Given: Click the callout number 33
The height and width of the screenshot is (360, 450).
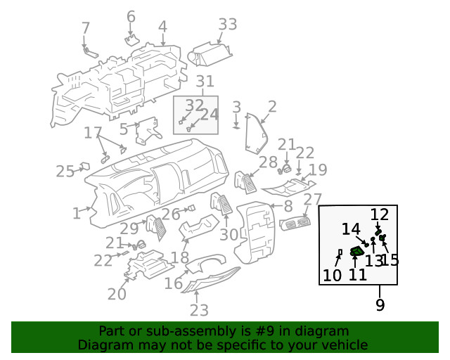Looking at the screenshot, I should [x=227, y=25].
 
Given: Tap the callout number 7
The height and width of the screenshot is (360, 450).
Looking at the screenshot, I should [x=86, y=28].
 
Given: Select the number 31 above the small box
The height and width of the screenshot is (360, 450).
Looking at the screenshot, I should [x=204, y=82].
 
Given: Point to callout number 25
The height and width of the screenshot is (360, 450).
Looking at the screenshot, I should [x=65, y=172].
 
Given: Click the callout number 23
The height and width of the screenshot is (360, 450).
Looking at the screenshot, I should [x=199, y=310].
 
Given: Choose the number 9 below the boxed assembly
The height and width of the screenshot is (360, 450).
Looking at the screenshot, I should [x=380, y=305].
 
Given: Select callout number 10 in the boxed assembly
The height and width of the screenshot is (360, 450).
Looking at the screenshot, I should [x=332, y=275].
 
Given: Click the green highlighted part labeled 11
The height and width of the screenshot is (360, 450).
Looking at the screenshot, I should [x=358, y=250].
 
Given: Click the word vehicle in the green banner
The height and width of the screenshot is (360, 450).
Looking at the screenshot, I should [x=345, y=345].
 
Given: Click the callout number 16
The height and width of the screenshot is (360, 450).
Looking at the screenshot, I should [x=174, y=283].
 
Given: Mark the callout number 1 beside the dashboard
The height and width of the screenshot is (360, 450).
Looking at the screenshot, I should [x=77, y=213].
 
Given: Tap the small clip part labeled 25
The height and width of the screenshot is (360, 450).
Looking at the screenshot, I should [x=84, y=167].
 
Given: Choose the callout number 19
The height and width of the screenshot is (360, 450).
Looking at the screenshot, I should [x=319, y=169].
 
